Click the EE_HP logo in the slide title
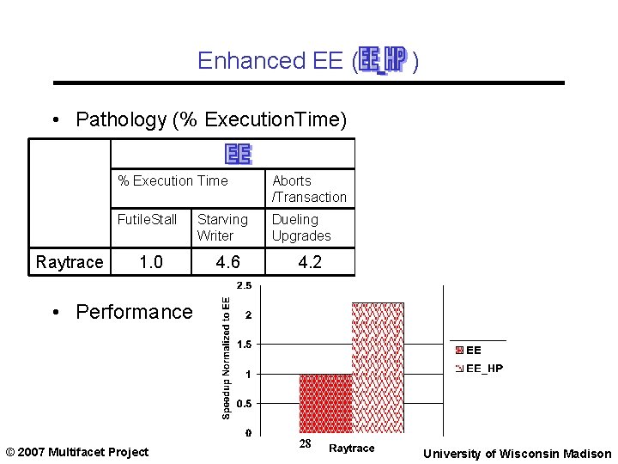(382, 60)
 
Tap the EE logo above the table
(238, 154)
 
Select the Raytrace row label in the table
(70, 262)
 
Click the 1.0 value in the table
(151, 262)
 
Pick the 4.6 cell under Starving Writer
(227, 262)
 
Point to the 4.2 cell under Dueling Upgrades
(310, 262)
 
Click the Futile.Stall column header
(147, 220)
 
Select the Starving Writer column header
(221, 228)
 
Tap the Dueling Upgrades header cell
(300, 228)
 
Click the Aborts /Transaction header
(309, 189)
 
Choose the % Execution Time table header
(173, 180)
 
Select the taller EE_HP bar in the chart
(378, 367)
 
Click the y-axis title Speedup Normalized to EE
(226, 357)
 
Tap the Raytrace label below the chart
(352, 449)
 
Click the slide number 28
(305, 444)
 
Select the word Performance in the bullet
(135, 312)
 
